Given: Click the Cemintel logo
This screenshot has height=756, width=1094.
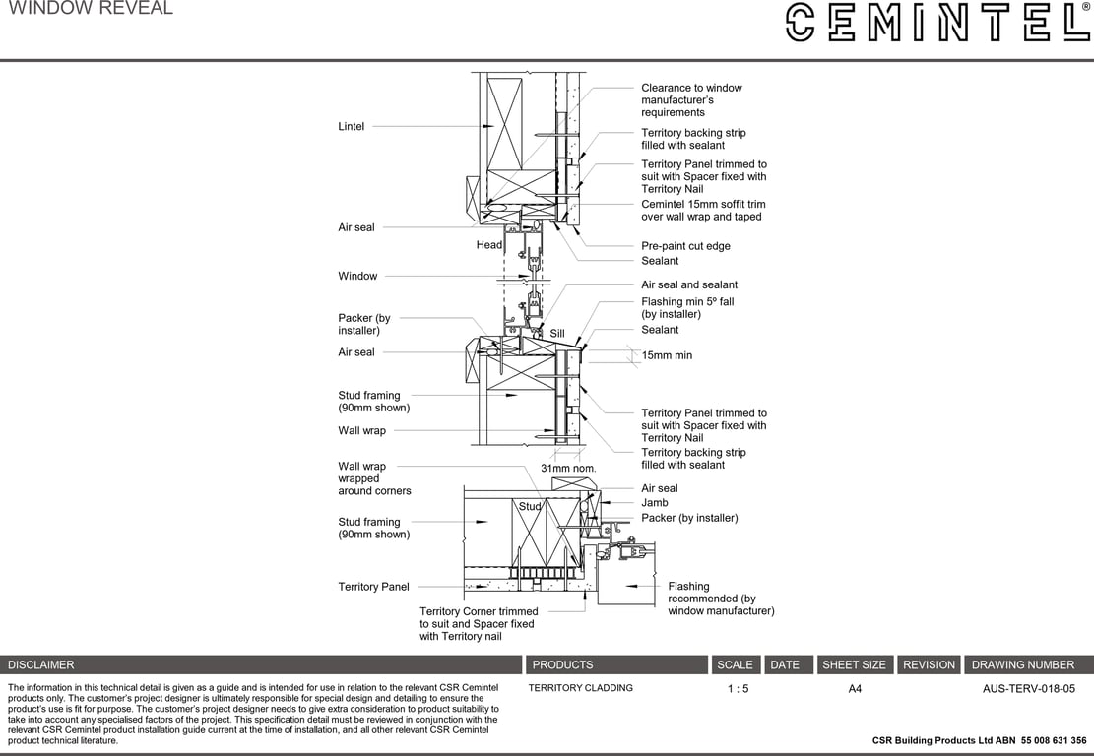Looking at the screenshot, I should [x=936, y=22].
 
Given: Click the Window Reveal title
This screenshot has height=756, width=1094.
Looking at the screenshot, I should [x=91, y=9].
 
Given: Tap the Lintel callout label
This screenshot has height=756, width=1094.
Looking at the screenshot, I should [x=352, y=126].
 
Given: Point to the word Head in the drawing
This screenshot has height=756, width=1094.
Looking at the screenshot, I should [x=489, y=245].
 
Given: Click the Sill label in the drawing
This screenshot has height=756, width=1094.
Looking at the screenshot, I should [x=557, y=335].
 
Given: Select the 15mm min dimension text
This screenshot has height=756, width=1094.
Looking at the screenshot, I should [x=667, y=355].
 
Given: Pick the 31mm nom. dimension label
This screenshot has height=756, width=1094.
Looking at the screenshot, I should [x=568, y=469].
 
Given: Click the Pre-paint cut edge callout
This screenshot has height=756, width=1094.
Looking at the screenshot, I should [x=685, y=246].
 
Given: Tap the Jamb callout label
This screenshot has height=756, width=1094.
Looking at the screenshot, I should [x=655, y=503].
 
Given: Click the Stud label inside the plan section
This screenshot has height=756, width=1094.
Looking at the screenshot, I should [x=531, y=506].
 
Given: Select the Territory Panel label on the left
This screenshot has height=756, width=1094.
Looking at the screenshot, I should [x=373, y=587].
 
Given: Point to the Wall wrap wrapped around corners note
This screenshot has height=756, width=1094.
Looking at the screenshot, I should [x=374, y=478].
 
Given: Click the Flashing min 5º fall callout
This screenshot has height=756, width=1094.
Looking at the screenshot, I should [x=687, y=307].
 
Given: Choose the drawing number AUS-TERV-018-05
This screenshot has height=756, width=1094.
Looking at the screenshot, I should [x=1029, y=689].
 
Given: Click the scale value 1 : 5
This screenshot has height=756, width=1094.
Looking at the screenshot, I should [x=738, y=689].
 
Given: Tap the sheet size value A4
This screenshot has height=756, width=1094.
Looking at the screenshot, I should [x=855, y=689].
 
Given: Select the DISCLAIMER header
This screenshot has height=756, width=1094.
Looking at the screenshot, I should [x=41, y=664].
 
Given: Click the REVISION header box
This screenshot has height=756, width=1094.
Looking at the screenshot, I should [x=929, y=664].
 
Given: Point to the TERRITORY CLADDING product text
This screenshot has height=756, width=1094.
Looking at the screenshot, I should [x=581, y=688].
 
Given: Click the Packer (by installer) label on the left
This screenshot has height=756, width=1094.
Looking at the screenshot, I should [x=364, y=324].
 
